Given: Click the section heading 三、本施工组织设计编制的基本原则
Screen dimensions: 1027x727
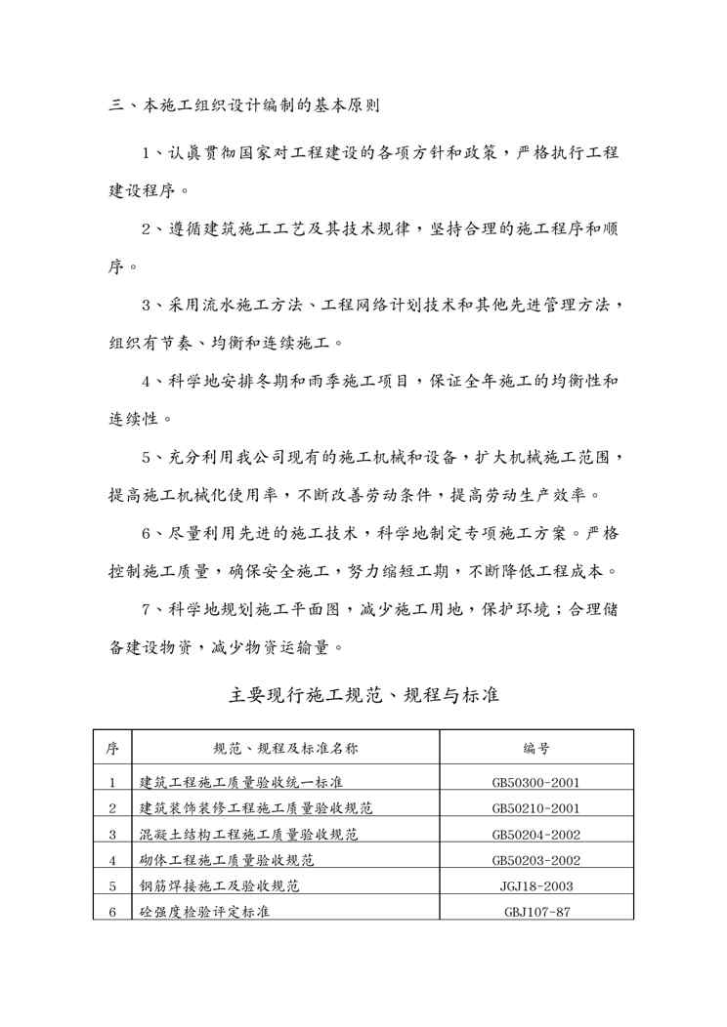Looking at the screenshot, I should (243, 103).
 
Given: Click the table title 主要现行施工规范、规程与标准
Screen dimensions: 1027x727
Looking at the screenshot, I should (363, 696).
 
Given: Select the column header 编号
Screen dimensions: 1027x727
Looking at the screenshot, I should (536, 749).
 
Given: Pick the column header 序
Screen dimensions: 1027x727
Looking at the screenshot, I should (112, 749).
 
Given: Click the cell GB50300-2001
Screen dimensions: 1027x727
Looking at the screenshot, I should (536, 782).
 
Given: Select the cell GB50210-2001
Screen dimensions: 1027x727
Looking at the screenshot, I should (536, 808).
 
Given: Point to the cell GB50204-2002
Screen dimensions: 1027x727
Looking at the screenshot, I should (536, 835).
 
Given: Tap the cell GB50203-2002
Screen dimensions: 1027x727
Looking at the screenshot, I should (536, 861).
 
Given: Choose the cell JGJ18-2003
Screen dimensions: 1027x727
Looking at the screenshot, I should (536, 886).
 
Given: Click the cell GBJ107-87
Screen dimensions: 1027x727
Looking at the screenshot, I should (536, 913).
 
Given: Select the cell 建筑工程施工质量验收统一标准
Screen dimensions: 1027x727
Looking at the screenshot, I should (241, 782).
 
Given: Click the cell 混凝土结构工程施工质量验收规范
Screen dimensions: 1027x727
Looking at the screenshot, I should (249, 835).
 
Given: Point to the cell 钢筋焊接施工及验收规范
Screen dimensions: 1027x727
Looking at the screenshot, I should (219, 886).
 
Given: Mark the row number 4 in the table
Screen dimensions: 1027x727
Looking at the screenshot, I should (112, 861).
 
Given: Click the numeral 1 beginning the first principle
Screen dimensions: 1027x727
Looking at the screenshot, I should (146, 154).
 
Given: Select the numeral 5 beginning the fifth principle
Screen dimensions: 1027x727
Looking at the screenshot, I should (146, 457).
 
